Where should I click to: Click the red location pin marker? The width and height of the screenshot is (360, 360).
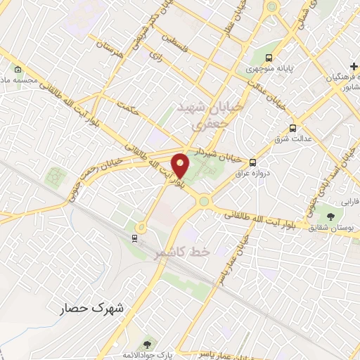point(181,165)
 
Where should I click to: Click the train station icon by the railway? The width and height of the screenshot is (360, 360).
point(134,238)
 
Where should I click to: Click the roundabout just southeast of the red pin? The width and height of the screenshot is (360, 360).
point(204,202)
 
